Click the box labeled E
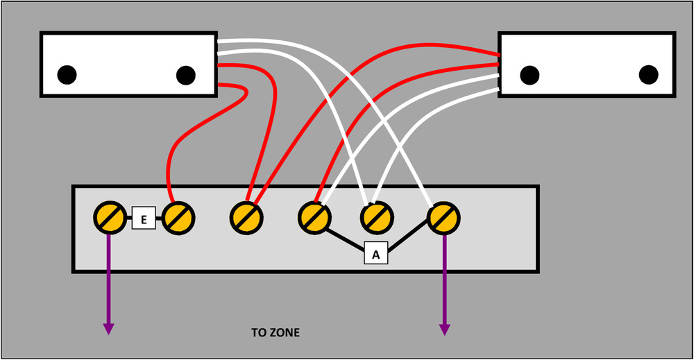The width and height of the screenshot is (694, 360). pyautogui.click(x=144, y=218)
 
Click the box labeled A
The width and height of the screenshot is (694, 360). pyautogui.click(x=375, y=253)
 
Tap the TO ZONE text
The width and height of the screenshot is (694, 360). pyautogui.click(x=276, y=332)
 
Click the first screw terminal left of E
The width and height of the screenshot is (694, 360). pyautogui.click(x=110, y=218)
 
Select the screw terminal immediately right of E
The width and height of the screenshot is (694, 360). pyautogui.click(x=178, y=218)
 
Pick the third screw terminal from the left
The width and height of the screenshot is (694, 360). pyautogui.click(x=246, y=218)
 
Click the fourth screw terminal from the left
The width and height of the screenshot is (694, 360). pyautogui.click(x=314, y=218)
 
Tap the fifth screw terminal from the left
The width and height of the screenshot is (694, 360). pyautogui.click(x=377, y=218)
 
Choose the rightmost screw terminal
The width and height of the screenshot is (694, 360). pyautogui.click(x=444, y=218)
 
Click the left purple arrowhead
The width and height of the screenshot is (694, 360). pyautogui.click(x=108, y=329)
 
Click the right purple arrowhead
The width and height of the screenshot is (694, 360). pyautogui.click(x=445, y=329)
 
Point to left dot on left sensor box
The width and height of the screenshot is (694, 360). pyautogui.click(x=67, y=75)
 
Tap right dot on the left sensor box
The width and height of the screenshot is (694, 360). pyautogui.click(x=186, y=75)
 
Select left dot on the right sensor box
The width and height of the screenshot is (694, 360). pyautogui.click(x=530, y=75)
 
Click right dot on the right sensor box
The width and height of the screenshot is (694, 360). pyautogui.click(x=648, y=75)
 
